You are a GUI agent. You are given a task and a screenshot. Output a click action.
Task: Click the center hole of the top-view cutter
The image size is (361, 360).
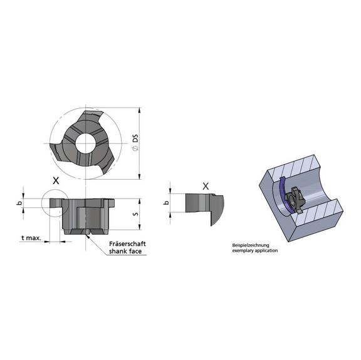point(83,142)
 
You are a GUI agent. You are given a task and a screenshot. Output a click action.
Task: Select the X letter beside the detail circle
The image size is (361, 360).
point(56,180)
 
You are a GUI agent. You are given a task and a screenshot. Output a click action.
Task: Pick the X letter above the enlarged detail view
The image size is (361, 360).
point(206,186)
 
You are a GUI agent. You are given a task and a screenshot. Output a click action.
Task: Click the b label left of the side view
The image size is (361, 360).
point(19,203)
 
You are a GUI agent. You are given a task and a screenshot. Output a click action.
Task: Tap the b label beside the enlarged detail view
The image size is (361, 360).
point(166,203)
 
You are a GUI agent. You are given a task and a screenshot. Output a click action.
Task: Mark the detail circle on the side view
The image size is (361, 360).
point(52,203)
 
